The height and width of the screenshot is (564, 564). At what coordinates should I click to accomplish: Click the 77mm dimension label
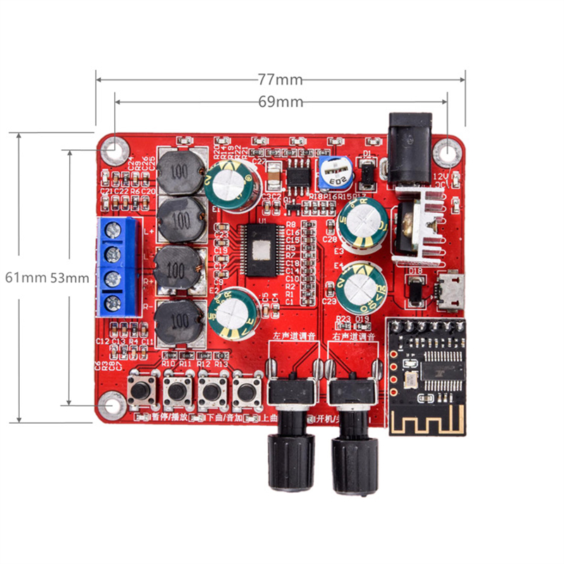tap(280, 79)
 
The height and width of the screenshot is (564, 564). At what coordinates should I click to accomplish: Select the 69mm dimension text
tap(280, 102)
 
